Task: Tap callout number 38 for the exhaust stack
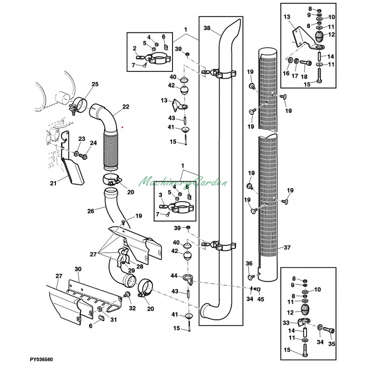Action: (207, 28)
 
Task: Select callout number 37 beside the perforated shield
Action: (287, 247)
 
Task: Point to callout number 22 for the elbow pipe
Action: (126, 107)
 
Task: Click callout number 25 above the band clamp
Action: (95, 84)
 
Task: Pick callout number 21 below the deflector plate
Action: (53, 183)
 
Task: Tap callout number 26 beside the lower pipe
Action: (91, 211)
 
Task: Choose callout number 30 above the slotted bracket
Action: (78, 269)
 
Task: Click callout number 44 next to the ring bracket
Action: (174, 276)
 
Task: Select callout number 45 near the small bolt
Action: (260, 299)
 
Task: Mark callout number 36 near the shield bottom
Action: (249, 264)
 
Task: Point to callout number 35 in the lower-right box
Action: (332, 344)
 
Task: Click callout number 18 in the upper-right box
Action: (304, 76)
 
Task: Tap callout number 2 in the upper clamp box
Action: (135, 48)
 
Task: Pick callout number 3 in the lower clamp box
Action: (161, 195)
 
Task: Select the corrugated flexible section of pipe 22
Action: (111, 150)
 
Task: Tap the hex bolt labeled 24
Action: (83, 156)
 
